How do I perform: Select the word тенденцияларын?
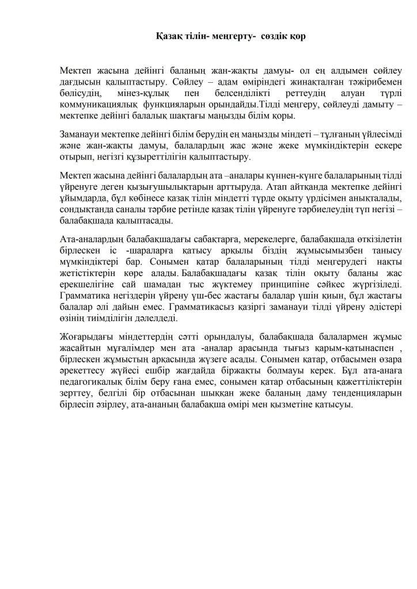324,391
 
